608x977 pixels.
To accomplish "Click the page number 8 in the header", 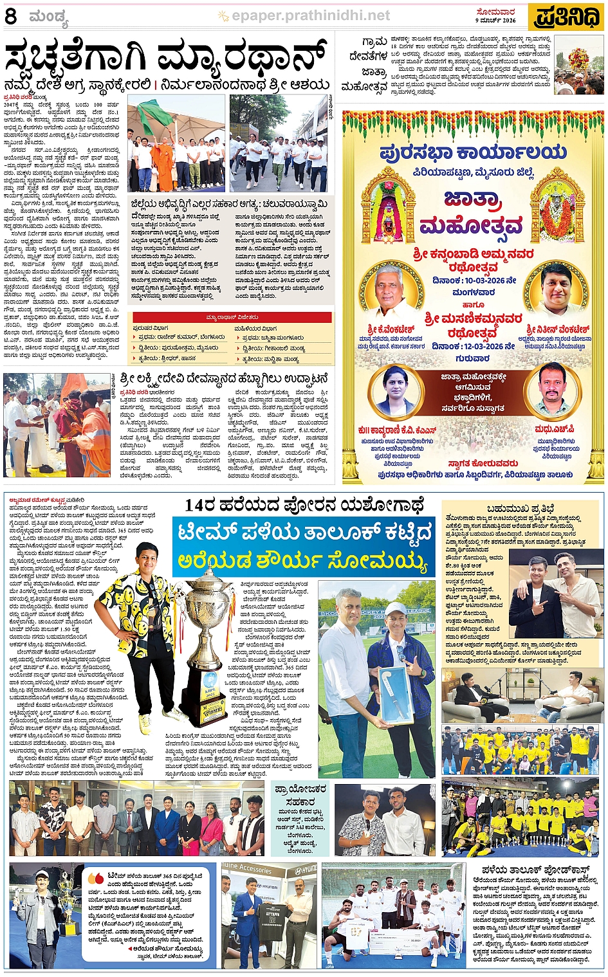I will (x=11, y=17).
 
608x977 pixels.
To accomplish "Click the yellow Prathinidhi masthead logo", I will (x=567, y=17).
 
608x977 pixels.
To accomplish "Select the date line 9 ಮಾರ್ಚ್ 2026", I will (x=495, y=21).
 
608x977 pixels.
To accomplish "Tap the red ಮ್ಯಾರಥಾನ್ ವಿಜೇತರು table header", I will (x=232, y=317).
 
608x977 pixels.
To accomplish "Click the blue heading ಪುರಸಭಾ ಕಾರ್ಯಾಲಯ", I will (x=473, y=152).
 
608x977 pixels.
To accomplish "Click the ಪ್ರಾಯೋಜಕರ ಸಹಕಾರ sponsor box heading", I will (x=300, y=795).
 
